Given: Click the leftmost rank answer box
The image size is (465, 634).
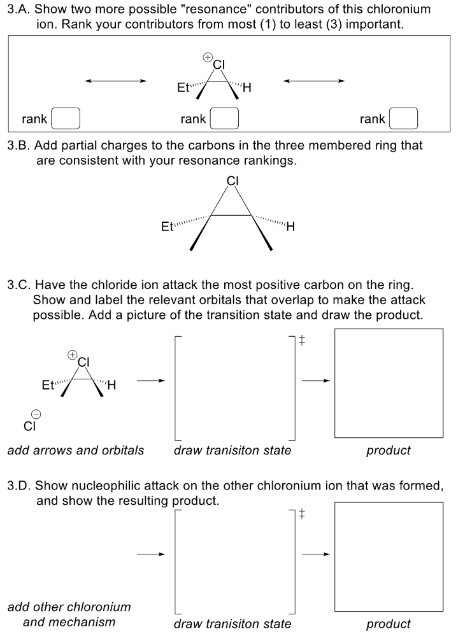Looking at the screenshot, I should [66, 119].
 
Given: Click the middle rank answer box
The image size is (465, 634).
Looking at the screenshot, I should [224, 119].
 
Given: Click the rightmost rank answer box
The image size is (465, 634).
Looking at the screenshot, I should [403, 119].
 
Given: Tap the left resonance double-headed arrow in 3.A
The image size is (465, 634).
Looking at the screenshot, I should [116, 81].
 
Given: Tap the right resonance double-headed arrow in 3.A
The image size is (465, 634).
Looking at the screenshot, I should [315, 81].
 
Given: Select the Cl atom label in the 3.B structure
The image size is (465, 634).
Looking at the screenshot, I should [232, 180].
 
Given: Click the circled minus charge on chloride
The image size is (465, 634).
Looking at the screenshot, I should [37, 414].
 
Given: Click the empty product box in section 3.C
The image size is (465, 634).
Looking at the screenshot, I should [389, 383].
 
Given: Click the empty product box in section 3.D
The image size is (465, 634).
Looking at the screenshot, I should [389, 556].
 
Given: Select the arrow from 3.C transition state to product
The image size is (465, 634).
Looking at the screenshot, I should [316, 382].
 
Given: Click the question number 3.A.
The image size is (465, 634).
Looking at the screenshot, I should [18, 10].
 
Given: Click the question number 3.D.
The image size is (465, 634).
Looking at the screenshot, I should [18, 486].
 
